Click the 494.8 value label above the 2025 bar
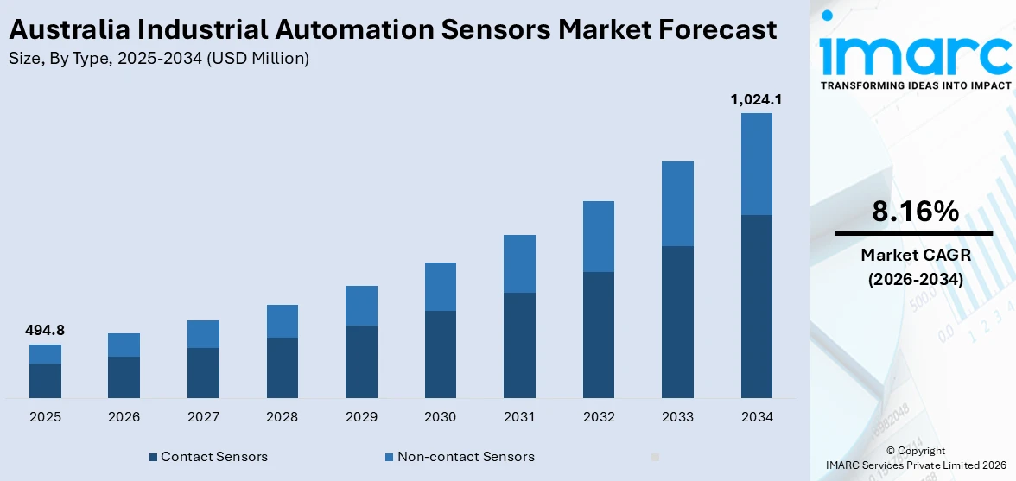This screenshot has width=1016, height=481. (45, 330)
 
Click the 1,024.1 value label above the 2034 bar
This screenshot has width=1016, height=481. (756, 100)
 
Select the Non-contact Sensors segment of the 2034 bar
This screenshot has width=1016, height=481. (756, 164)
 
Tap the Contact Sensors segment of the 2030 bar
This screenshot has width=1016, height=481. (441, 354)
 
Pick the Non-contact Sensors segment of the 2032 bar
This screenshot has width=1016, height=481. (599, 237)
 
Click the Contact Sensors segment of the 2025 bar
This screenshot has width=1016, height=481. (45, 380)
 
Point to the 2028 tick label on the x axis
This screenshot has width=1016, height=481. (283, 417)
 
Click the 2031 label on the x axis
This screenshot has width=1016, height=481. (519, 417)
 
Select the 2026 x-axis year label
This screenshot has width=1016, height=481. (124, 417)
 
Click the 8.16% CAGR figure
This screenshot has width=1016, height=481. (914, 212)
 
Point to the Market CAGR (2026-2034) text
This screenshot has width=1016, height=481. (914, 267)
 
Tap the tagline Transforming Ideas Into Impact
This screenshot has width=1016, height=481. (914, 85)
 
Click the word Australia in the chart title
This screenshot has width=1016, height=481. (67, 30)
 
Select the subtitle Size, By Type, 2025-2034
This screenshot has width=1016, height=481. (158, 59)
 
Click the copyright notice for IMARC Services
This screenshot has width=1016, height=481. (915, 458)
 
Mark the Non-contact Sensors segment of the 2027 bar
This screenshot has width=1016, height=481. (203, 334)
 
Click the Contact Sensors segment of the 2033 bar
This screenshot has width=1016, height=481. (677, 321)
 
